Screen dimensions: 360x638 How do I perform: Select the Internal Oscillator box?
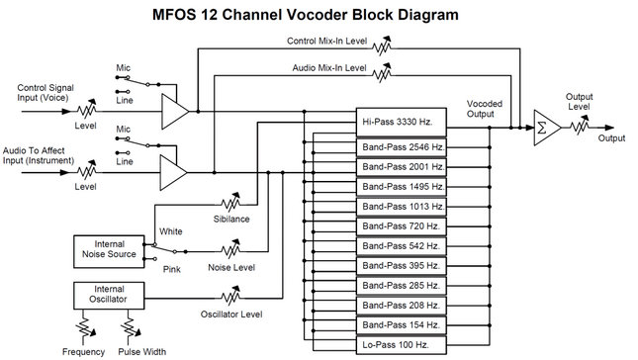coord(109,294)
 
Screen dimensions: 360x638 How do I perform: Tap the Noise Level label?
coord(231,267)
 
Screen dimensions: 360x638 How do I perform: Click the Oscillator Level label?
coord(231,315)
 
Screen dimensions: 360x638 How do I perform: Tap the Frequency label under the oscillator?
coord(82,351)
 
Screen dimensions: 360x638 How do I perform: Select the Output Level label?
coord(580,102)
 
